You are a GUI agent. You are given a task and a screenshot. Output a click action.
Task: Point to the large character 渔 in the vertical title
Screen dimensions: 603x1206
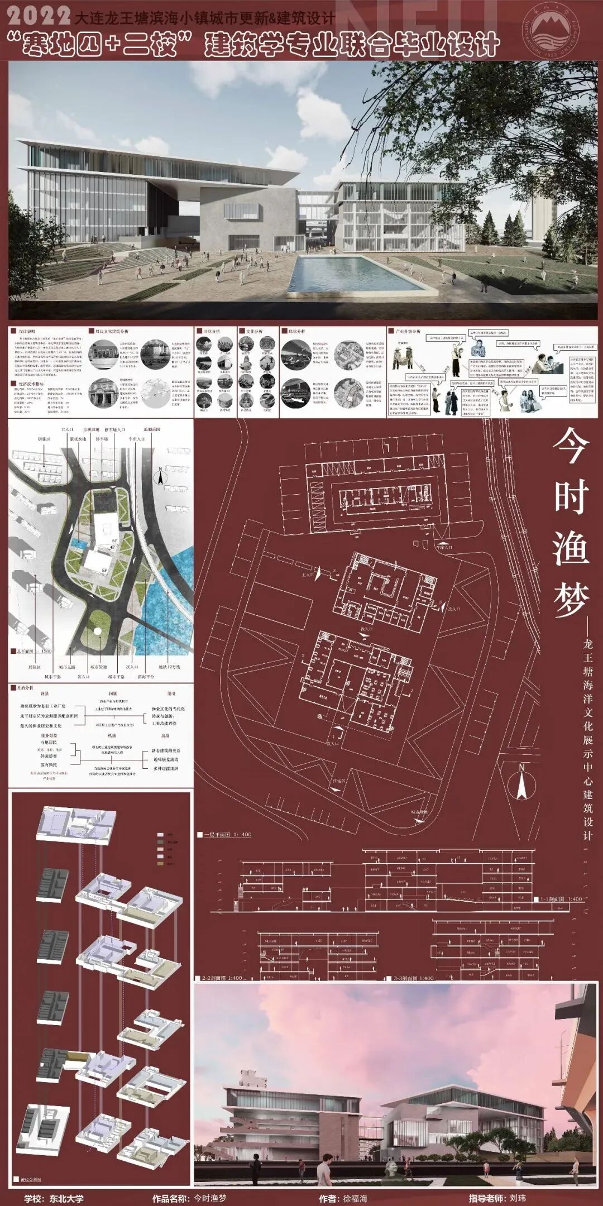[571, 547]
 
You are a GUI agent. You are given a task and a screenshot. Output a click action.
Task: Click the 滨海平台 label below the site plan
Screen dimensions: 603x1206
[146, 676]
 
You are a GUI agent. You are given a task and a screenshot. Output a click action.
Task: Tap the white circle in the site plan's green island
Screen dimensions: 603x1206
[97, 631]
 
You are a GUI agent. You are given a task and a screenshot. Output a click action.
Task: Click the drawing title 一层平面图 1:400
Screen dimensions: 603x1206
[226, 835]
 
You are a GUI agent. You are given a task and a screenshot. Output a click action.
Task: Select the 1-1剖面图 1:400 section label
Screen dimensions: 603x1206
[561, 899]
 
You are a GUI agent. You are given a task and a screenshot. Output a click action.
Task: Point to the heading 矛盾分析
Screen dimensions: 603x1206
[27, 688]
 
